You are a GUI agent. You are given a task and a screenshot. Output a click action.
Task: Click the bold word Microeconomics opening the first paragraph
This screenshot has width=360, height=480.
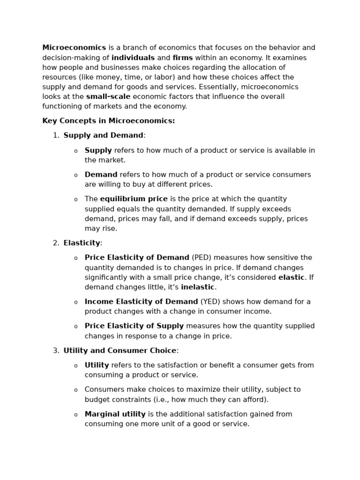coord(74,48)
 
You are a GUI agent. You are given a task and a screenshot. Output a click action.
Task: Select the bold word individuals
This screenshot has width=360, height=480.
coord(133,58)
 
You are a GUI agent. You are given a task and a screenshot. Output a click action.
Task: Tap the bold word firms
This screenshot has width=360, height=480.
coord(183,58)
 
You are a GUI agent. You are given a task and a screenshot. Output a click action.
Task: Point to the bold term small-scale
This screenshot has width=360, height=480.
coord(108,97)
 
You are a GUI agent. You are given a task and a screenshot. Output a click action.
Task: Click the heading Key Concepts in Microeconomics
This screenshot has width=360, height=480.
coord(108,121)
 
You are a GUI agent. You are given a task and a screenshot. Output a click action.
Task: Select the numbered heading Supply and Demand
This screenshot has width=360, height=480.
coord(103,135)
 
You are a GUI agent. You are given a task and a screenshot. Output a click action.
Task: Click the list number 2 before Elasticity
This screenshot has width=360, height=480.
coord(56,243)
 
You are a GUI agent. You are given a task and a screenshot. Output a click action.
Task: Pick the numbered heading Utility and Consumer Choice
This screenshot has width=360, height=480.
coord(120,351)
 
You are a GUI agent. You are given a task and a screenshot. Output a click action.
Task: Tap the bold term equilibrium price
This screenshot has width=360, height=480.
coord(134,199)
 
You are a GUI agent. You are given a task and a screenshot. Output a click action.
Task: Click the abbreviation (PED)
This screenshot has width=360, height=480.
coord(202,258)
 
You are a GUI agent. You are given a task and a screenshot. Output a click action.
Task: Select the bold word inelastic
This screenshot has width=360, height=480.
coord(197,287)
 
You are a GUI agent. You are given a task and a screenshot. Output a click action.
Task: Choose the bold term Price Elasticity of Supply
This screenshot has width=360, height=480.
coord(134,326)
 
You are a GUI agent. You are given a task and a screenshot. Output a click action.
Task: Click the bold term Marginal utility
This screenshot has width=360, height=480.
coord(115,414)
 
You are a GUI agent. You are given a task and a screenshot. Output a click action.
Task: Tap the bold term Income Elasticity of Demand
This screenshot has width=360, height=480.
coord(141,302)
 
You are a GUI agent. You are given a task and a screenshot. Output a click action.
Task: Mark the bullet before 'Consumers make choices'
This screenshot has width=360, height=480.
coord(75,390)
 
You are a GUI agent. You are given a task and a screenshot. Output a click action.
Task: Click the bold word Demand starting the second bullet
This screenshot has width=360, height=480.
coord(101,175)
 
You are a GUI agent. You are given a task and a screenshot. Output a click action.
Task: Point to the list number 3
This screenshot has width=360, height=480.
coord(56,351)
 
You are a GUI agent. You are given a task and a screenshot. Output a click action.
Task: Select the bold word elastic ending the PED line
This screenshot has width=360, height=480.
coord(291,277)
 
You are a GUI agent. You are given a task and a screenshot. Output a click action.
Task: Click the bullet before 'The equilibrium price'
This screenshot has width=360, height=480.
coord(75,200)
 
